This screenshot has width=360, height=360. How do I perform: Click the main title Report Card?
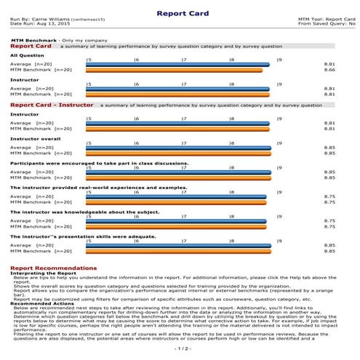pos(180,12)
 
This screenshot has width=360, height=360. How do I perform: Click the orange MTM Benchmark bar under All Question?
pos(174,70)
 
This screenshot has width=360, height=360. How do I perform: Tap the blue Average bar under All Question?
pos(177,65)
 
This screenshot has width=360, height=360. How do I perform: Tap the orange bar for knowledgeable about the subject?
pos(175,225)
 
